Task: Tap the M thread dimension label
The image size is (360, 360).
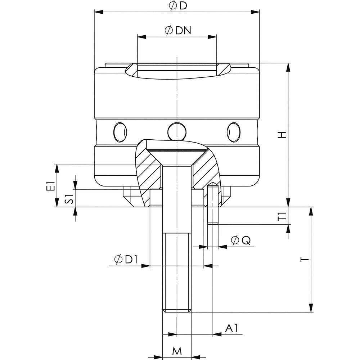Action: (x=176, y=351)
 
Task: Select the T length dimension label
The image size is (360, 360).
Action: (x=305, y=259)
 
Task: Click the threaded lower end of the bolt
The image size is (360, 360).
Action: (x=177, y=274)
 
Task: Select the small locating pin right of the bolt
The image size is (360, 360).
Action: (x=213, y=205)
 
